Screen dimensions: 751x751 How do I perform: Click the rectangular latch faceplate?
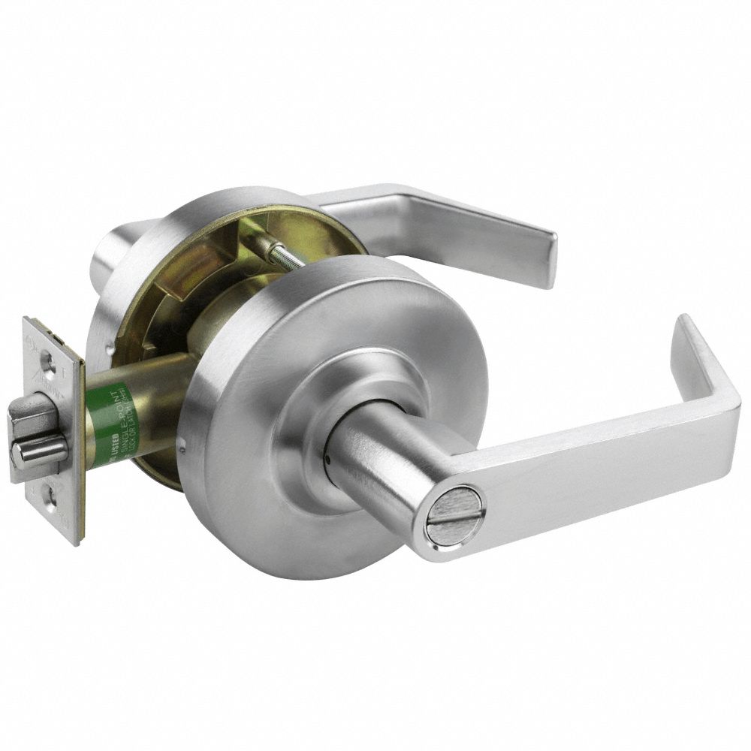pos(53,428)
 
